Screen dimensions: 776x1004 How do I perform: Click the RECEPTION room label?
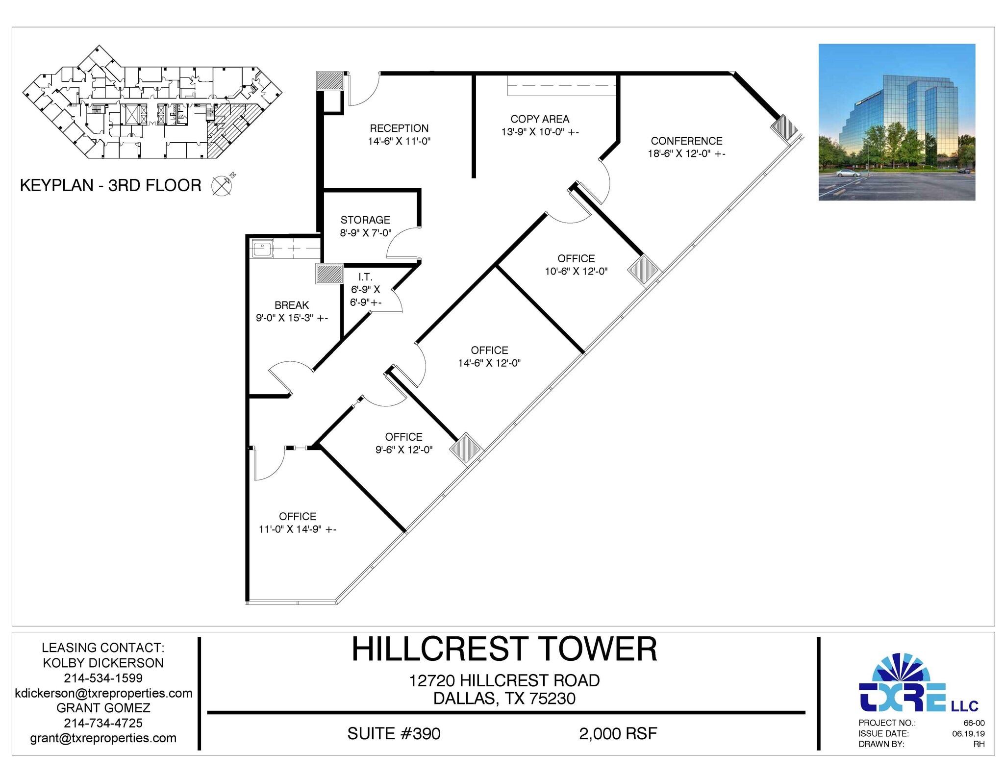coord(399,128)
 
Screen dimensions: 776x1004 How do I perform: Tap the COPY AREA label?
coord(540,119)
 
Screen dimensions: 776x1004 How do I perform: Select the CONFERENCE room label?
coord(686,141)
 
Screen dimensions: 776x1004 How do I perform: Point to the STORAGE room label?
coord(365,220)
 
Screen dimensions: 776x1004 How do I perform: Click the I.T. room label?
coord(365,277)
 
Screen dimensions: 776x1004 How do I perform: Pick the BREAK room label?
coord(292,305)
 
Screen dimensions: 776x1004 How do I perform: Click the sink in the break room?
coord(262,249)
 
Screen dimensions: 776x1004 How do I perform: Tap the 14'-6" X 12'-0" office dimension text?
coord(489,363)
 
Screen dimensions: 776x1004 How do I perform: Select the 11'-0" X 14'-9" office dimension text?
coord(297,529)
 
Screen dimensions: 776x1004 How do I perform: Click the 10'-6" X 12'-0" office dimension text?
coord(576,272)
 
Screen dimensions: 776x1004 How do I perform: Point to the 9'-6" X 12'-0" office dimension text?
coord(404,450)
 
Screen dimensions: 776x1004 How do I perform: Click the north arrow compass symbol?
coord(222,185)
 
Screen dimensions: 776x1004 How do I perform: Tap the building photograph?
coord(897,122)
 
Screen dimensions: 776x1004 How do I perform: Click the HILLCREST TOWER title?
coord(504,650)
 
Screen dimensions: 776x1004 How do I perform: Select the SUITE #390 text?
coord(394,734)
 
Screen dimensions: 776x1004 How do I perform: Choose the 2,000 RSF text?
coord(618,734)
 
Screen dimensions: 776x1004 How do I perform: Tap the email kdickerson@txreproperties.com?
coord(103,693)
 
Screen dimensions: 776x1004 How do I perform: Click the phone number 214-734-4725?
coord(103,723)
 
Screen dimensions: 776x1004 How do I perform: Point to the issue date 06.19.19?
coord(968,734)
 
